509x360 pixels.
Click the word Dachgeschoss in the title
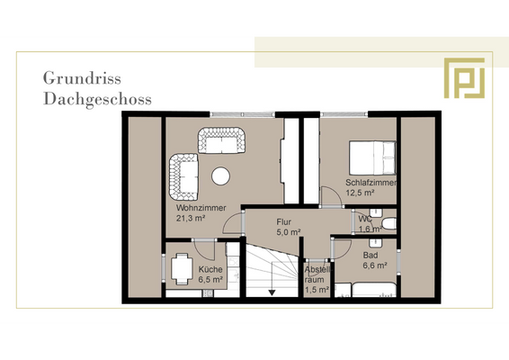tap(97, 98)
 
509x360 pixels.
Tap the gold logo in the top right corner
tap(464, 78)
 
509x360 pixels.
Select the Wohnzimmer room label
tap(201, 208)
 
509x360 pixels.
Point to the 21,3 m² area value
tap(192, 218)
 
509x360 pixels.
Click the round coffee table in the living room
tap(221, 175)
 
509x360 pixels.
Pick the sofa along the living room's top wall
tap(221, 139)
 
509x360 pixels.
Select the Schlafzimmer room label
tap(371, 183)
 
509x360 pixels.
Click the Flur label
tap(283, 221)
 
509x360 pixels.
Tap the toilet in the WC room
tap(388, 221)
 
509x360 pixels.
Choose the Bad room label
tap(370, 256)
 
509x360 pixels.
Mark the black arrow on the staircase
tap(272, 292)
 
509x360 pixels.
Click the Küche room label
tap(210, 269)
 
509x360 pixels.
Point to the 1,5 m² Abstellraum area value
tap(317, 290)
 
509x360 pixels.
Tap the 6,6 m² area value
tap(375, 265)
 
